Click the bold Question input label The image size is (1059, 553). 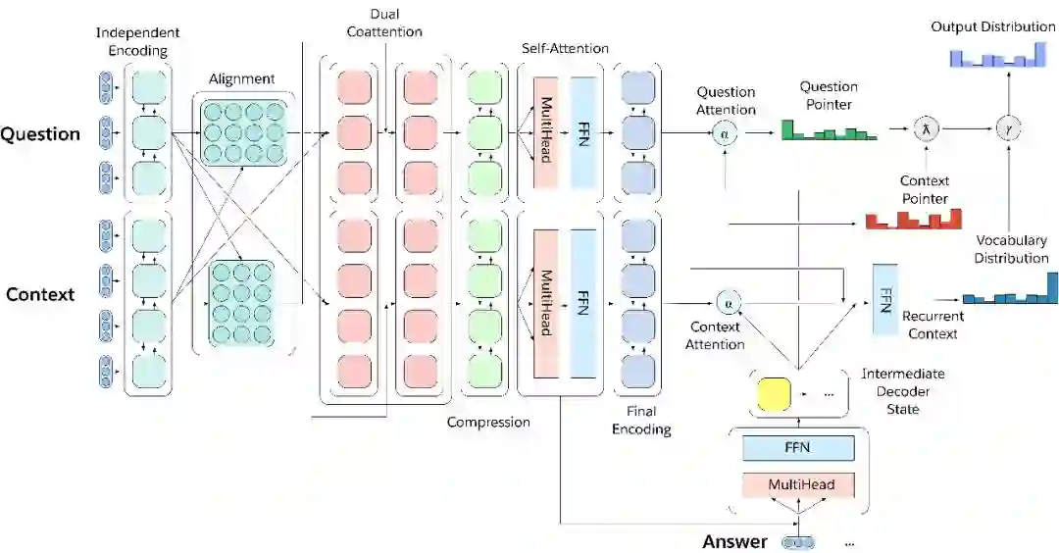[x=40, y=134]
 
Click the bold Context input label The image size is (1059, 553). [x=40, y=294]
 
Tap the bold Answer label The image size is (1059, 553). [x=734, y=541]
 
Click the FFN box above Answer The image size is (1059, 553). [x=798, y=448]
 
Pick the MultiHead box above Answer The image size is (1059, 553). [x=798, y=484]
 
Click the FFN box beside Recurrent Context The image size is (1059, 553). [x=884, y=299]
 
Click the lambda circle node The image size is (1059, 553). [x=925, y=128]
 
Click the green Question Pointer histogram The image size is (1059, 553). [x=830, y=131]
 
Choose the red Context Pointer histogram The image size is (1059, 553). [x=913, y=220]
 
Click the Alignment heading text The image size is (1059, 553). [x=241, y=79]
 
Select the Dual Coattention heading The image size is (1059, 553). [x=384, y=24]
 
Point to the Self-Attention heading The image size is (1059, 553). [x=565, y=48]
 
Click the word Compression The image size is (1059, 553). [x=488, y=422]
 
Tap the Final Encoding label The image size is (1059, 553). [x=641, y=420]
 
